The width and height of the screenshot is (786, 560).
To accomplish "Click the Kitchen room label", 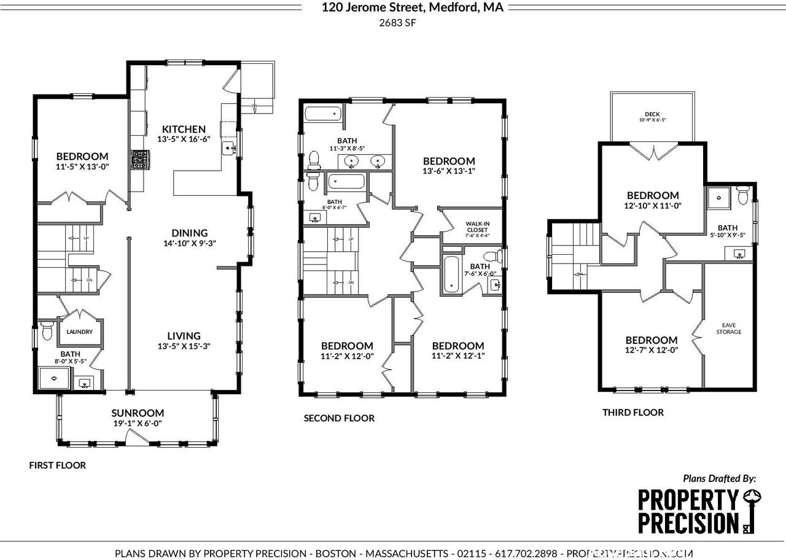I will (184, 129).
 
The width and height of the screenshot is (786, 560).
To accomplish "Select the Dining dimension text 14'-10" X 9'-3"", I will (189, 243).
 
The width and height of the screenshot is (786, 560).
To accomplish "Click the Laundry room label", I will (80, 332).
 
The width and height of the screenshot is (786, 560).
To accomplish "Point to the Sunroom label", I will (138, 413).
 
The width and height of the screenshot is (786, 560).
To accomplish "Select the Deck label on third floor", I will (652, 114).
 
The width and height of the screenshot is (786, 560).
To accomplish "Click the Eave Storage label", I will (728, 328).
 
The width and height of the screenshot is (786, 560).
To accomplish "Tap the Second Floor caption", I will (339, 418).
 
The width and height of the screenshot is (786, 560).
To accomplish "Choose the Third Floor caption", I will (632, 413).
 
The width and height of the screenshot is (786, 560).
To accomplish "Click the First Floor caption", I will (58, 465).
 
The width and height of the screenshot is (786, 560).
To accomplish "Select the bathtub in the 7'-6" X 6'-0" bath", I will (451, 274).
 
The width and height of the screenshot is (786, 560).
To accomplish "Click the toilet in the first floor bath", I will (45, 332).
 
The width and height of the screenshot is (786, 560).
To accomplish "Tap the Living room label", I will (184, 336).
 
